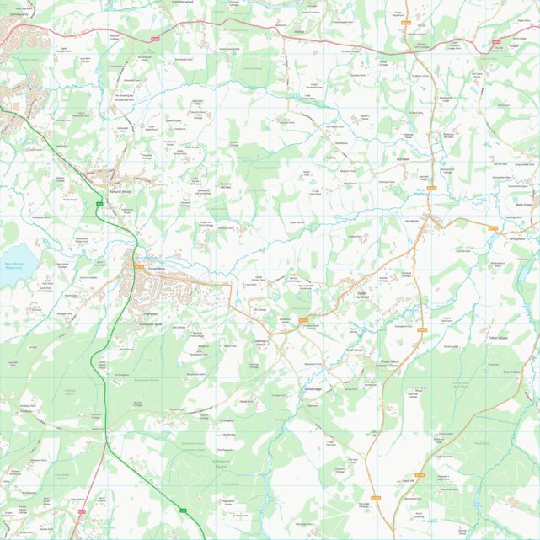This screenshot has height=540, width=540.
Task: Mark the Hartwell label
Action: pos(401,158)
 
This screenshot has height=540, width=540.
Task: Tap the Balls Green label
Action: pos(524,205)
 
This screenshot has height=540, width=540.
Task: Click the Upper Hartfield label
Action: pos(361,296)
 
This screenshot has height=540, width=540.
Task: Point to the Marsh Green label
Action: pos(353,350)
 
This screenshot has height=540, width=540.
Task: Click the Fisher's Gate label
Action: pos(497,338)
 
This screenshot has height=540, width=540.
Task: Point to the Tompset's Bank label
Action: pos(151,323)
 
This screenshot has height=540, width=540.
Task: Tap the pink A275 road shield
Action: pos(82,511)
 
